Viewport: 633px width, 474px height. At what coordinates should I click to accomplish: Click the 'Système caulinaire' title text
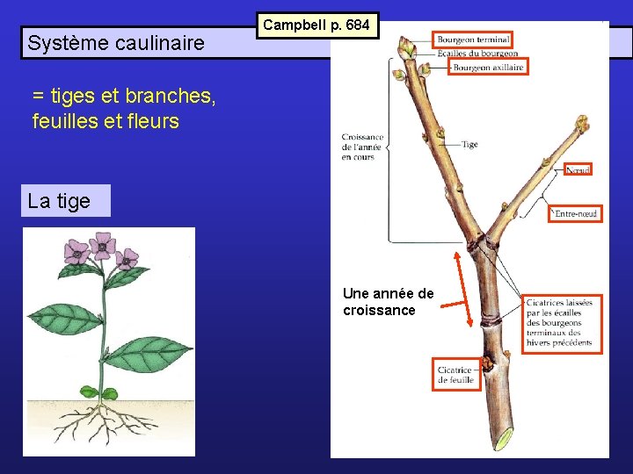tap(116, 42)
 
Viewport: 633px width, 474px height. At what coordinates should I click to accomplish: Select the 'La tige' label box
tap(60, 201)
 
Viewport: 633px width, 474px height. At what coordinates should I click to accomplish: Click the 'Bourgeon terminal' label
tap(473, 39)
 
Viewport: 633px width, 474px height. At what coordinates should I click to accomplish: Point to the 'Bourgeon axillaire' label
tap(488, 67)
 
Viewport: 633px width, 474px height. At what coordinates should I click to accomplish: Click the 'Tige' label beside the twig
tap(469, 144)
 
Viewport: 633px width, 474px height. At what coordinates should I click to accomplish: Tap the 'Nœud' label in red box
tap(578, 169)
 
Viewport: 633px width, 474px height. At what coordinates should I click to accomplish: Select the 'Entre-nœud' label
tap(576, 213)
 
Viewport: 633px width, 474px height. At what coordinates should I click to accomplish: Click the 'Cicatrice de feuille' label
tap(456, 374)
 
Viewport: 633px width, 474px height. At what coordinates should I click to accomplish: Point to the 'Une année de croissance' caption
tap(388, 301)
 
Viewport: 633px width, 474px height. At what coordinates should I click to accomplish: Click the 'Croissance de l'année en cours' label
tap(362, 147)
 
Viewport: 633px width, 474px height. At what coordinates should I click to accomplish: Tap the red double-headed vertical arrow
tap(456, 289)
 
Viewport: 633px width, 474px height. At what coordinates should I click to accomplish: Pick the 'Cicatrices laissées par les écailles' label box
tap(562, 323)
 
